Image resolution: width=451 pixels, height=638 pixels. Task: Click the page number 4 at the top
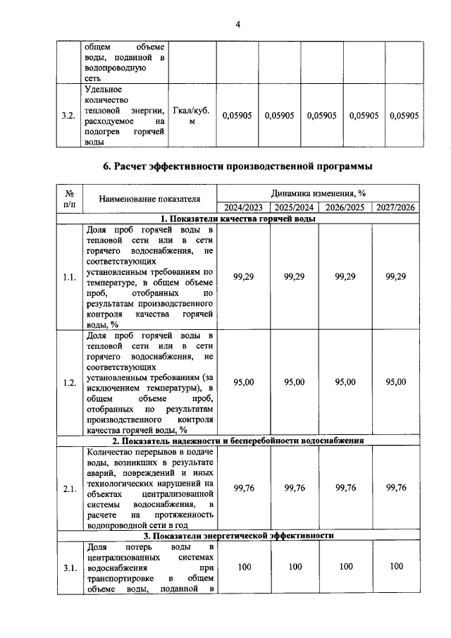[x=238, y=25]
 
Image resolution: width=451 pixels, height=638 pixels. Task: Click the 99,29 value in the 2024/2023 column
[x=243, y=277]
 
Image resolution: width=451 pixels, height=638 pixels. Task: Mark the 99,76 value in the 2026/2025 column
[x=345, y=487]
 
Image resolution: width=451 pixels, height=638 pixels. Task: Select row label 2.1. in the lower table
[x=69, y=487]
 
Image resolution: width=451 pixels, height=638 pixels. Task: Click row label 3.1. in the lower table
[x=69, y=566]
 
